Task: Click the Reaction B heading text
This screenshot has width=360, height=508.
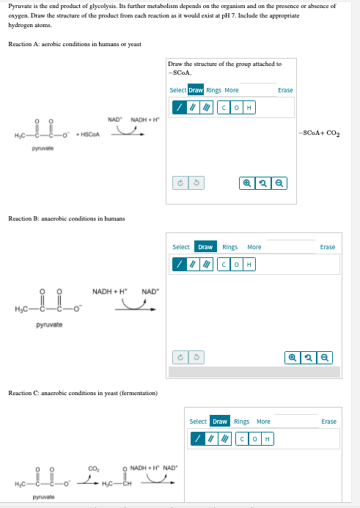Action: (x=66, y=218)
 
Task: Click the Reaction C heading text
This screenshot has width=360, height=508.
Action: (x=82, y=394)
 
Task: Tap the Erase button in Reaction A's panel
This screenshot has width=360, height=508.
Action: (x=285, y=90)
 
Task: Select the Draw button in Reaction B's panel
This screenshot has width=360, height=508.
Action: (x=205, y=247)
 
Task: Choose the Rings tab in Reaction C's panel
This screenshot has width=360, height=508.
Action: (x=243, y=422)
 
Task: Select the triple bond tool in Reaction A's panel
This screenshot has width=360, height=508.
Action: (x=206, y=108)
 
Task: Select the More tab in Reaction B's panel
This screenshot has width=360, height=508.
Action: (x=254, y=247)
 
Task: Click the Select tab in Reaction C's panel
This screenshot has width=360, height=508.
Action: (x=197, y=422)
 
